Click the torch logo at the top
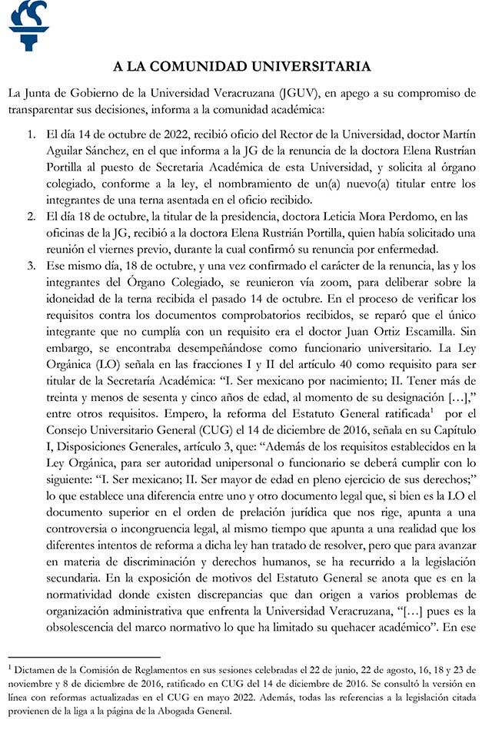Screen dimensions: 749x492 click(28, 25)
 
